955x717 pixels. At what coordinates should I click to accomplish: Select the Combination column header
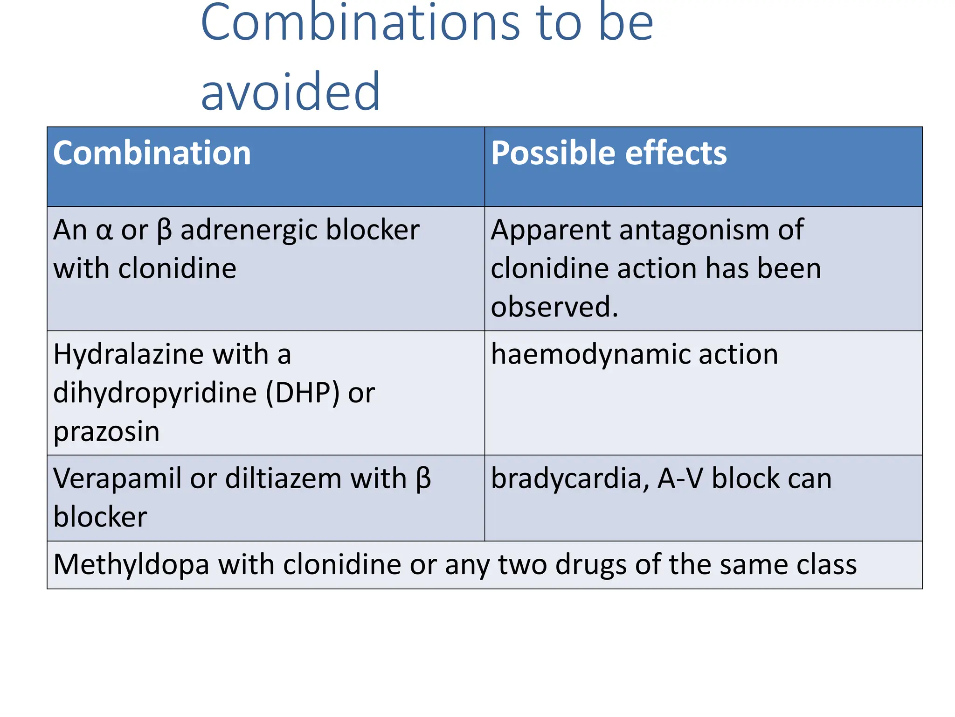[x=152, y=153]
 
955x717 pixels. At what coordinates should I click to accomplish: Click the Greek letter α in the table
[x=104, y=230]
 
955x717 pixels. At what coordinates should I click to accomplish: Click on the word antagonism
[x=692, y=231]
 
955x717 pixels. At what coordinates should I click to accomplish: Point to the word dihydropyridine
[x=155, y=394]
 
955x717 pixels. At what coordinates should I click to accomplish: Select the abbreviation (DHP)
[x=302, y=394]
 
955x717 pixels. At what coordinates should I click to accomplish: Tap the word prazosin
[x=106, y=432]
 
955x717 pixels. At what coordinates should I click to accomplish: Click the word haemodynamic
[x=588, y=355]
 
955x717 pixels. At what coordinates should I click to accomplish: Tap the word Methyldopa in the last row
[x=131, y=565]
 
